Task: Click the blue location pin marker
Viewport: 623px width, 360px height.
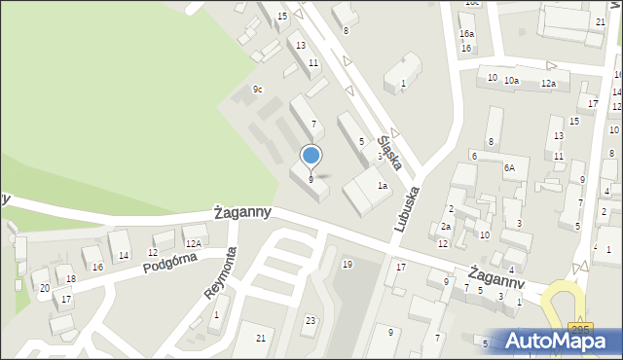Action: [x=311, y=156]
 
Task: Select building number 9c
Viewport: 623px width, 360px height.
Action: [x=257, y=90]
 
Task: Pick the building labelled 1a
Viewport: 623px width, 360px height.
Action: [x=384, y=186]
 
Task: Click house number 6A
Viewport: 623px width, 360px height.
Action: [x=508, y=167]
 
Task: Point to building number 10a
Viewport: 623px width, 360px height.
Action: [x=511, y=82]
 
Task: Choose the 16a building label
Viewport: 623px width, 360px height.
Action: [x=467, y=34]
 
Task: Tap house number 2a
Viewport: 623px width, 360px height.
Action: [x=445, y=226]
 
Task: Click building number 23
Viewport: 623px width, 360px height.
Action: [x=310, y=320]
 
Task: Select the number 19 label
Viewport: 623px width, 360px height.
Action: [x=348, y=265]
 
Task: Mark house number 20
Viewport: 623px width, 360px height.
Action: [x=45, y=288]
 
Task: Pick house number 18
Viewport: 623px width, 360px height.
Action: [x=70, y=279]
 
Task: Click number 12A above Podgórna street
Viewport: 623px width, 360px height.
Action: [x=193, y=243]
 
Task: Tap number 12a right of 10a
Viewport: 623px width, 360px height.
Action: [x=548, y=84]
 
